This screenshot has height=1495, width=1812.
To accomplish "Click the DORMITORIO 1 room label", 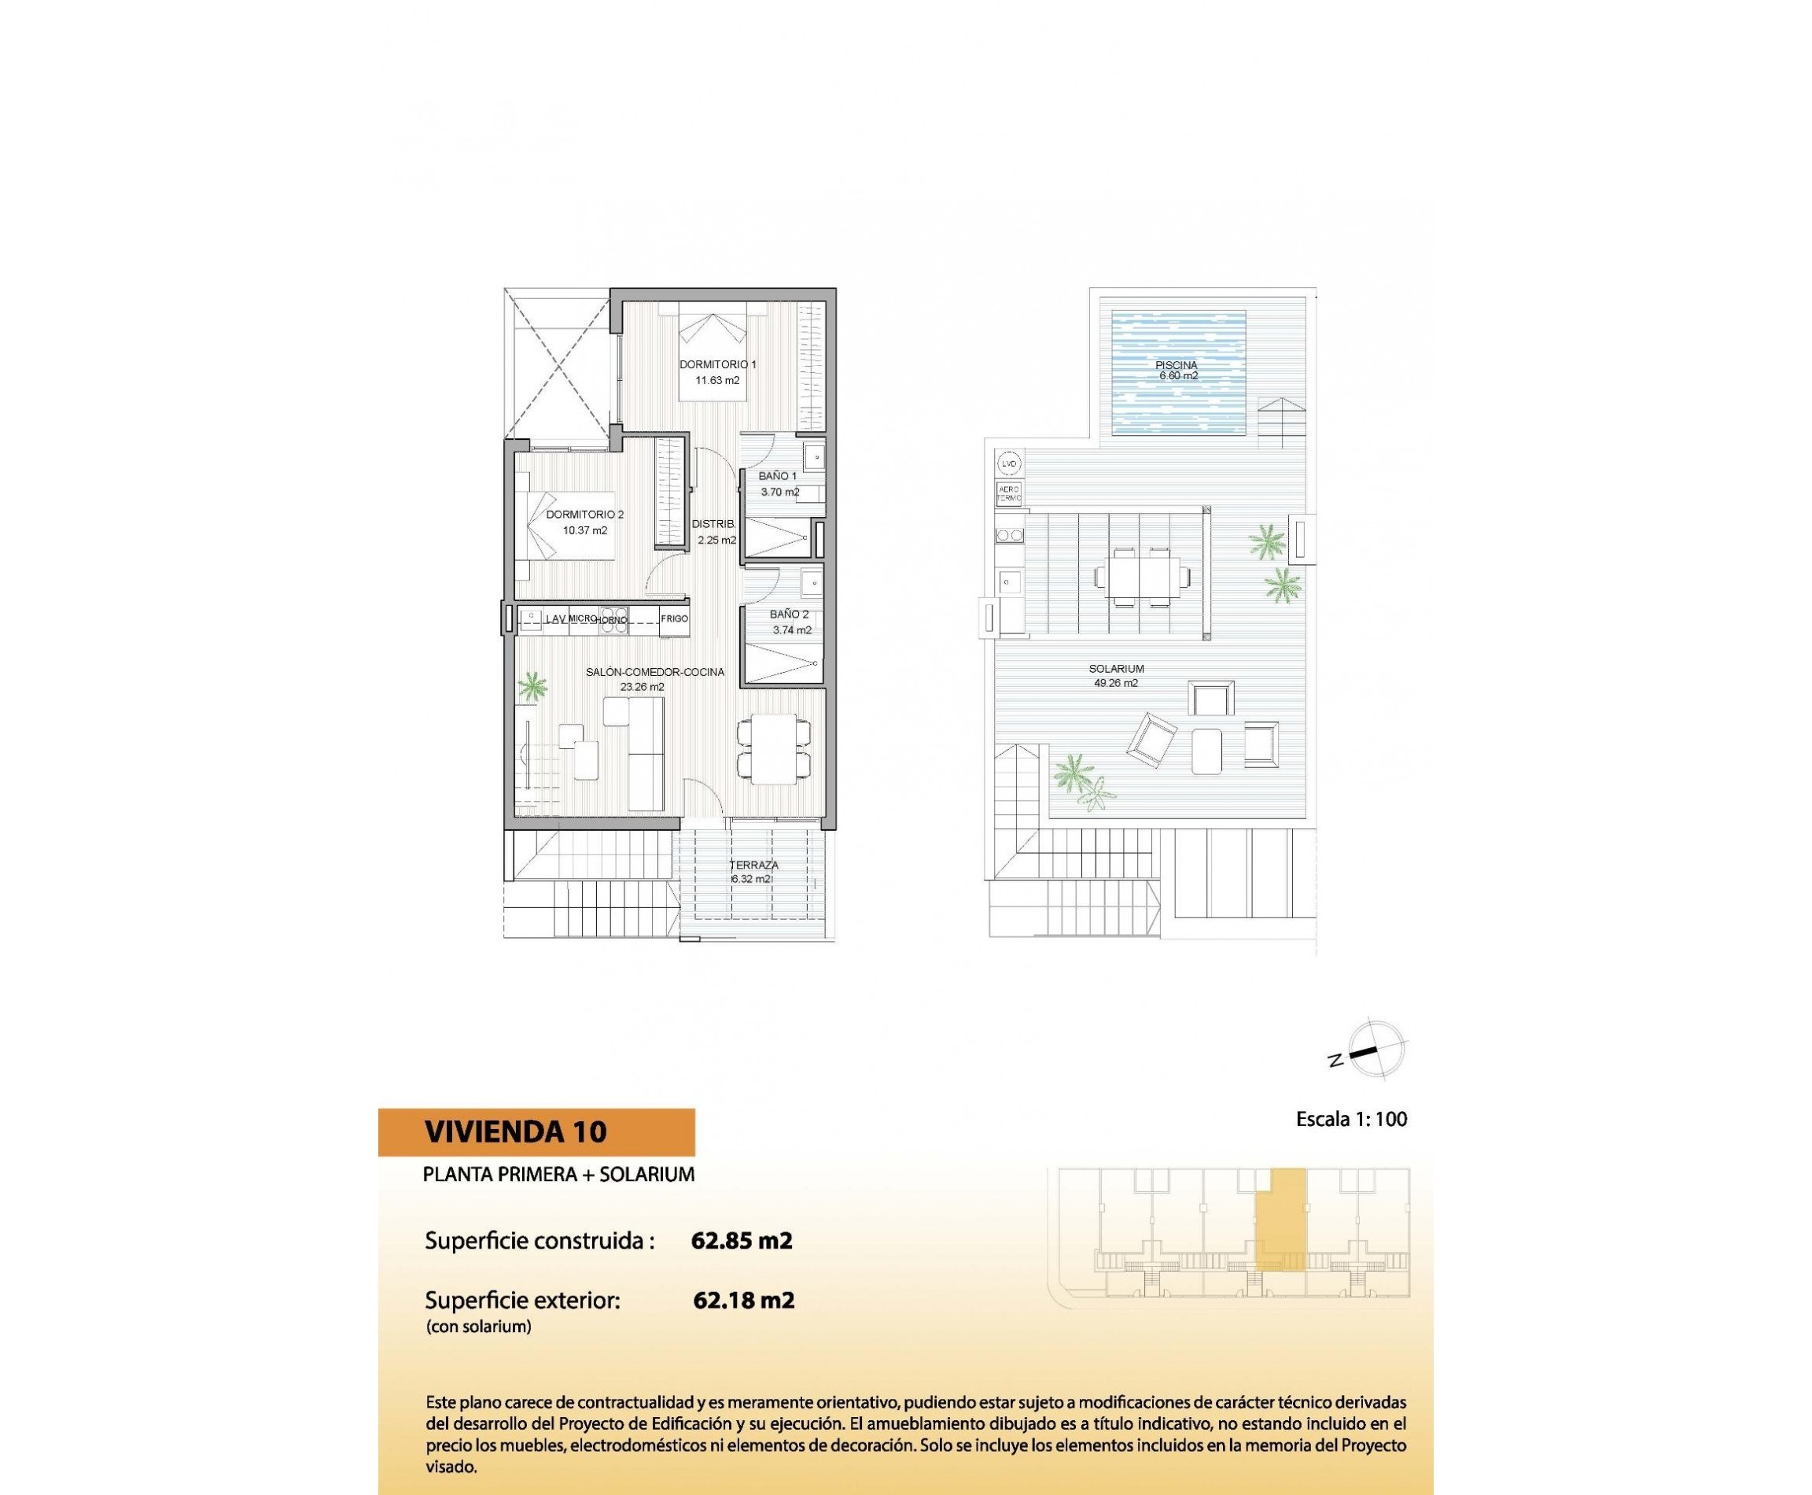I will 717,364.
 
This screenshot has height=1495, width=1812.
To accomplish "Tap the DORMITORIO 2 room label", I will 584,515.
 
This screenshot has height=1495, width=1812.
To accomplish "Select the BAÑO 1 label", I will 777,476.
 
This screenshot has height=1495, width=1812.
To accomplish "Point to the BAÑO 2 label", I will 789,615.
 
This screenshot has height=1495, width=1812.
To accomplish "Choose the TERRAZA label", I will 754,865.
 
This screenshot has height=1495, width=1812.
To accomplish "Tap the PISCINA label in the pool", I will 1176,365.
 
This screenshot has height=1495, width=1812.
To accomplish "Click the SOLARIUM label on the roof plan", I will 1116,669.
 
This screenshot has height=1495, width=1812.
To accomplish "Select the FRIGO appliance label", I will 674,619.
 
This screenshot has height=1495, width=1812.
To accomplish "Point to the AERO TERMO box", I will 1009,493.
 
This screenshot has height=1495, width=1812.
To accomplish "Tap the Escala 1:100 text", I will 1350,1120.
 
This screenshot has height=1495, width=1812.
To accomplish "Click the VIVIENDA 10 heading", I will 515,1131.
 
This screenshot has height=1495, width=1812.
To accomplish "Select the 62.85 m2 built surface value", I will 741,1241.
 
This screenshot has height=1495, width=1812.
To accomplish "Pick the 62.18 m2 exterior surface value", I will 743,1301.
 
